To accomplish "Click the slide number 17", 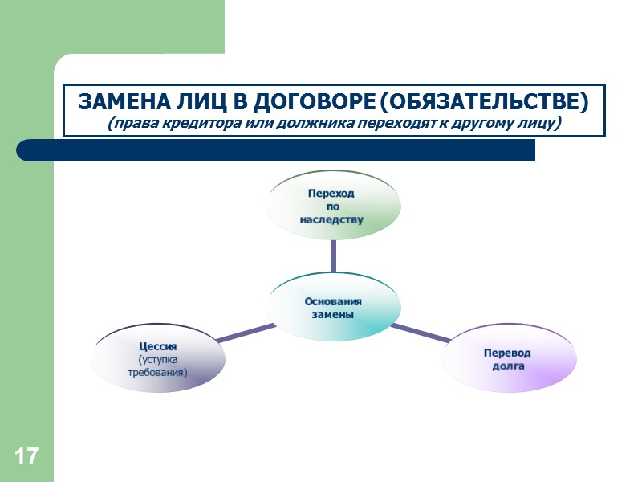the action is [26, 457].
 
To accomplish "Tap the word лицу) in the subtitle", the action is [538, 125].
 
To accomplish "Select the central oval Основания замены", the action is [333, 308].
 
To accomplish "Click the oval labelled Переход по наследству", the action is [333, 206].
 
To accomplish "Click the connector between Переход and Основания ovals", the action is [333, 255].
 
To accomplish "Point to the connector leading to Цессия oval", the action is [246, 333].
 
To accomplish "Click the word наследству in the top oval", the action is [332, 219].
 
